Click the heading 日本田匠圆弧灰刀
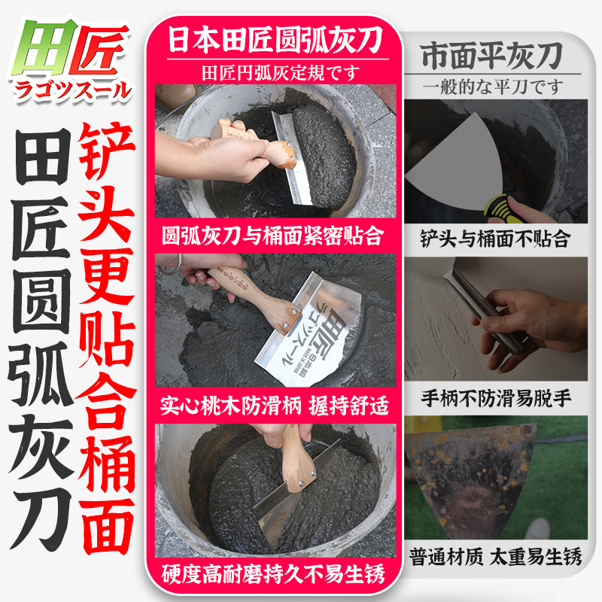click(275, 40)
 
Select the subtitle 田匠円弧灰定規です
click(281, 73)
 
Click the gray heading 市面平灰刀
click(492, 56)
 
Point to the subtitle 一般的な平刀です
click(493, 87)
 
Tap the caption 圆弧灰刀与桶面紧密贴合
click(273, 236)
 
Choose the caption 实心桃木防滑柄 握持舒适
click(274, 405)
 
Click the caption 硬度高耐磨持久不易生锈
click(273, 574)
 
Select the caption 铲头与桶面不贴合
click(494, 239)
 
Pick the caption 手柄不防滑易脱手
click(496, 398)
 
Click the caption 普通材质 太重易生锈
click(495, 556)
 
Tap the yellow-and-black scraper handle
click(499, 209)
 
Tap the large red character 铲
click(107, 151)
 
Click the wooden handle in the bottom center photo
click(296, 459)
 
